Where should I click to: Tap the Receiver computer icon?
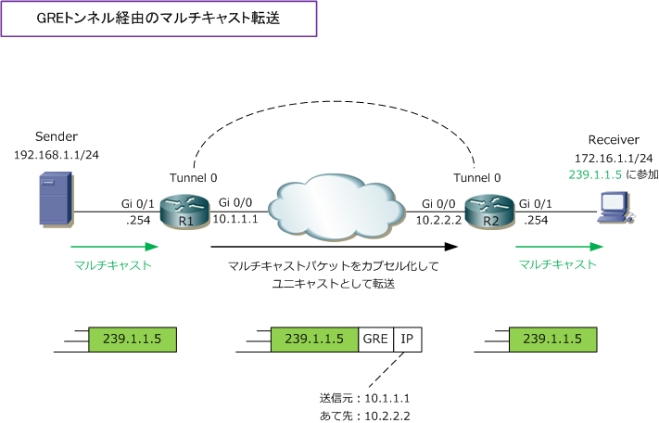click(614, 207)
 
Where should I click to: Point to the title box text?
click(159, 19)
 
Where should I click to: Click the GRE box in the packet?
click(376, 340)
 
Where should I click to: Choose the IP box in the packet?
click(407, 340)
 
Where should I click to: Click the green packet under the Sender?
click(132, 340)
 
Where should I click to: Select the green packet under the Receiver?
click(553, 340)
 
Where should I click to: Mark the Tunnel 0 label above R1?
click(194, 176)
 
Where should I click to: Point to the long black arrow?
click(335, 247)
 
